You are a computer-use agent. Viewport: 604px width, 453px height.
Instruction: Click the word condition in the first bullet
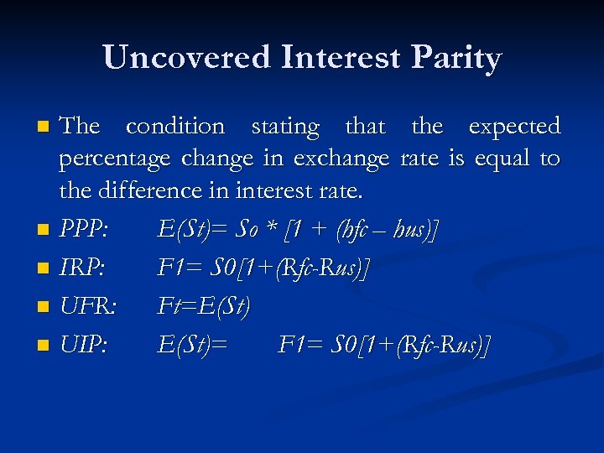pyautogui.click(x=174, y=127)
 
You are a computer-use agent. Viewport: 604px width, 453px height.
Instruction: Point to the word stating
pyautogui.click(x=285, y=128)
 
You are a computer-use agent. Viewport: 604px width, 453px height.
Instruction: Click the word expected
pyautogui.click(x=513, y=128)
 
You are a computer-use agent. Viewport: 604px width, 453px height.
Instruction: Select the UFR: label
pyautogui.click(x=87, y=307)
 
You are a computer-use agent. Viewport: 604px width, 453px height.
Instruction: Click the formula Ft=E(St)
pyautogui.click(x=204, y=307)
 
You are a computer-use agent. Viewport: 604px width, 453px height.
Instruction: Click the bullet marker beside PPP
pyautogui.click(x=44, y=230)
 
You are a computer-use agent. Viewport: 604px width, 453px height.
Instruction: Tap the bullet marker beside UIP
pyautogui.click(x=44, y=346)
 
